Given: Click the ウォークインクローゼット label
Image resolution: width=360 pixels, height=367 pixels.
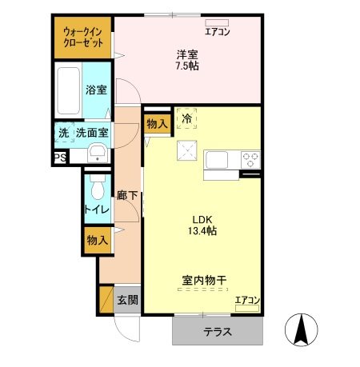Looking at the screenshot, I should click(83, 37).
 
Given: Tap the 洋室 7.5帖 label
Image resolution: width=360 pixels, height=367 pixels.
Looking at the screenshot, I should click(188, 60).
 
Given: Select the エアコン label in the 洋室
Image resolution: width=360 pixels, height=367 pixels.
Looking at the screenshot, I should click(217, 32).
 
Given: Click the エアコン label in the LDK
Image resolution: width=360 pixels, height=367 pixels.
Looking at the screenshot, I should click(247, 301).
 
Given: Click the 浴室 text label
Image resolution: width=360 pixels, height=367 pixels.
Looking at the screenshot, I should click(96, 90).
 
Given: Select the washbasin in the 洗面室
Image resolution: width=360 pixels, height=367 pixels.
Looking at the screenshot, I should click(97, 154).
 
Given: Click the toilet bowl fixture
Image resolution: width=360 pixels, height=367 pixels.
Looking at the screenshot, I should click(97, 189).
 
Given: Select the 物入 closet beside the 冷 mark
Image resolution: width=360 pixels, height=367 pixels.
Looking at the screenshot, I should click(157, 123).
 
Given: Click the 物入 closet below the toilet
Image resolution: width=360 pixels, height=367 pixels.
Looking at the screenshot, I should click(98, 240).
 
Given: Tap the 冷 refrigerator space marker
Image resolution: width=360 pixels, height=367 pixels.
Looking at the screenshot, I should click(186, 119).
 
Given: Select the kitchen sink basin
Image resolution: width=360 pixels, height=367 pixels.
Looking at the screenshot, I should click(218, 159).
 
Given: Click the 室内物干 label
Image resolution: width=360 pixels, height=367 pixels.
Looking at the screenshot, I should click(204, 281).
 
